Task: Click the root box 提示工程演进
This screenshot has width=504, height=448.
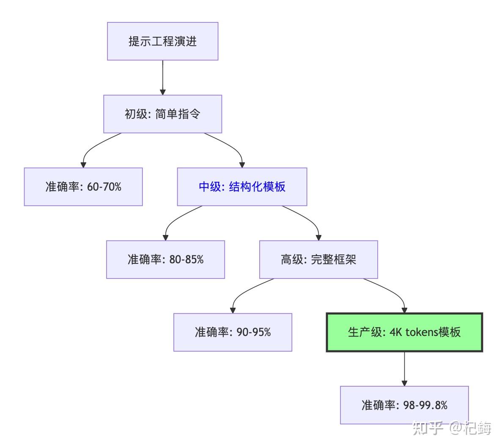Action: [163, 41]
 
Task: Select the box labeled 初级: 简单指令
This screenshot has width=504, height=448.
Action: [163, 114]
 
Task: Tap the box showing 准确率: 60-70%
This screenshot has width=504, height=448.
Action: [83, 187]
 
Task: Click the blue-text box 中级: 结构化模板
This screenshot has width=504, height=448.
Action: [242, 187]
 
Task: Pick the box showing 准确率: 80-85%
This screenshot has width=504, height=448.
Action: [166, 260]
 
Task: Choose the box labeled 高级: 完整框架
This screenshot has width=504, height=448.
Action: [318, 260]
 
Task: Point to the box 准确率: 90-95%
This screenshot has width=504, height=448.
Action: [233, 332]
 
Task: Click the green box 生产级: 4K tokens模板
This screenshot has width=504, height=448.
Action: [404, 332]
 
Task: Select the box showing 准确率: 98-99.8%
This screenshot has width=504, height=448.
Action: [404, 405]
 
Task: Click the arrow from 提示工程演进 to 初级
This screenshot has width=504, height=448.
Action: [163, 77]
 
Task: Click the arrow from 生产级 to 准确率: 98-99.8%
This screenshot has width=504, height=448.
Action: [404, 369]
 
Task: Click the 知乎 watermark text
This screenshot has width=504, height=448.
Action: [428, 428]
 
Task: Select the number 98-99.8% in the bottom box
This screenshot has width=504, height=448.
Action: [425, 405]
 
